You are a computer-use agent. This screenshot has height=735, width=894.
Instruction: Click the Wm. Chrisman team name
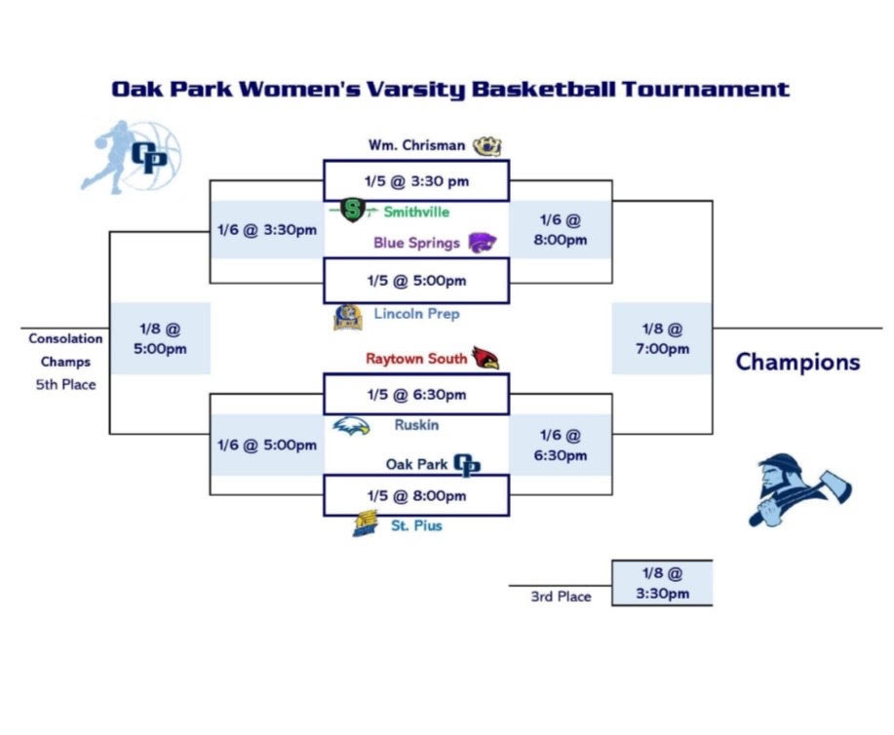pos(417,145)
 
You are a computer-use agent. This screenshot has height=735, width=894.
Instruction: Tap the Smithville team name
pos(416,213)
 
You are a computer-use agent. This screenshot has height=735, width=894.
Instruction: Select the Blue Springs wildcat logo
pos(483,243)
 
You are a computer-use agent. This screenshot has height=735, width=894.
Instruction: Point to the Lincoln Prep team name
pos(417,314)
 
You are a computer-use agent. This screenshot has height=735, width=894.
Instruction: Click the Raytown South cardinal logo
pos(486,358)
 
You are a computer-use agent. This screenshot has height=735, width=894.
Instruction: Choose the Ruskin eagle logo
pos(351,426)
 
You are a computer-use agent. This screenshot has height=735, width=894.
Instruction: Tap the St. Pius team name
pos(416,525)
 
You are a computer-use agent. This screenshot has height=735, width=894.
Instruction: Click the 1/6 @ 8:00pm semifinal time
pos(561,230)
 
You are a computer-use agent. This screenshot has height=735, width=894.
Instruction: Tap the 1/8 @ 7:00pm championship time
pos(663,338)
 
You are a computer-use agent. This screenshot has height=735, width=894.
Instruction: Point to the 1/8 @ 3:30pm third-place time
pos(663,583)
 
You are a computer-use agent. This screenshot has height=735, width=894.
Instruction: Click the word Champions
pos(797,362)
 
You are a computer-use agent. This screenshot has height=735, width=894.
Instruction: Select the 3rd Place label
pos(561,597)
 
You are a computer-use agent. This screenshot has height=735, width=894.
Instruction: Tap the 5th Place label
pos(65,385)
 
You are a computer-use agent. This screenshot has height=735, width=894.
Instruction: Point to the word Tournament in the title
pos(705,90)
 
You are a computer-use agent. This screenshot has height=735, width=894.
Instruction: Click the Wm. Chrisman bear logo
pos(487,146)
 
